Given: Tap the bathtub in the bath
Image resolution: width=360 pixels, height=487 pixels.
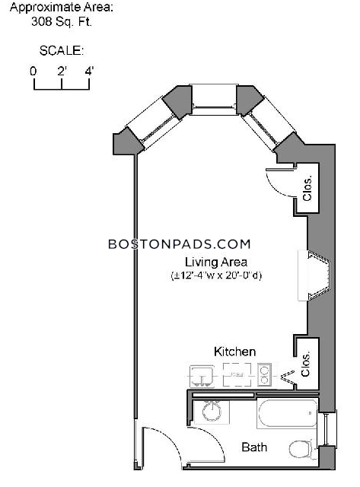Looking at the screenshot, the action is point(287,413).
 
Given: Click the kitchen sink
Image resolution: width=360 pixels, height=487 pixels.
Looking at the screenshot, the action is point(202,376).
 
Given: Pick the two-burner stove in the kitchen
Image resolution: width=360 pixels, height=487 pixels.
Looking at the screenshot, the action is point(264,375).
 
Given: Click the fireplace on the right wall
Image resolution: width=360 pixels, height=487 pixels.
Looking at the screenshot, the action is point(314,275).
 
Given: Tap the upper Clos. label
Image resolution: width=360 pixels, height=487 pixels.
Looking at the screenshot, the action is point(307,189).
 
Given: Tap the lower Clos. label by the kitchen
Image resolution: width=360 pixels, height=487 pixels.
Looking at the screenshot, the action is point(306,364).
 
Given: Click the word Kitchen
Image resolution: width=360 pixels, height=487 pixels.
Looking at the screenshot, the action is point(235,352).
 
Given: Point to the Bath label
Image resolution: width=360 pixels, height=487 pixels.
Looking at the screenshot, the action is point(254,447).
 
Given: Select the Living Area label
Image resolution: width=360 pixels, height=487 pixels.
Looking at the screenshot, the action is point(216,262).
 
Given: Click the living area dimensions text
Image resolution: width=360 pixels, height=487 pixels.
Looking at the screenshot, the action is point(216,275).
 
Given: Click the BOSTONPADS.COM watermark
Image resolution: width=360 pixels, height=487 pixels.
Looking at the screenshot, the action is point(179,244).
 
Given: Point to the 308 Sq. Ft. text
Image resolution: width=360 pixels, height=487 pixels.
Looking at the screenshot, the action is point(62,22).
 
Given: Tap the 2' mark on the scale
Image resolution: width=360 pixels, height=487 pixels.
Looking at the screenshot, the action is point(62,71).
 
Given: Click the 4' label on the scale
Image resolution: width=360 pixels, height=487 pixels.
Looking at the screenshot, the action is point(89,71).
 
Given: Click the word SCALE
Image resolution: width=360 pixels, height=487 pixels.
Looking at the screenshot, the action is point(62,51).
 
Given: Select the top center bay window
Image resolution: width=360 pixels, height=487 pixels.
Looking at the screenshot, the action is point(214,100).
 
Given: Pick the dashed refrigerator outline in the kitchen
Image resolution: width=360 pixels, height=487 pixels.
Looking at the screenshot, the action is point(237,375).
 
